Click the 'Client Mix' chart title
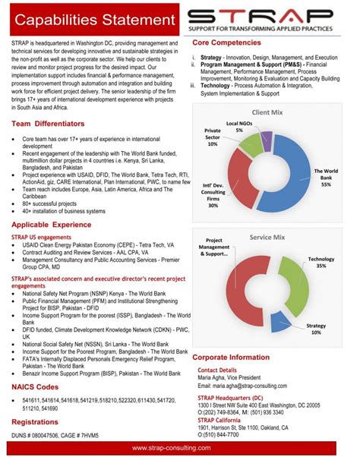coord(267,112)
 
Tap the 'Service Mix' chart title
coord(267,238)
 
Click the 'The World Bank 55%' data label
coord(326,178)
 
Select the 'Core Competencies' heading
coord(232,43)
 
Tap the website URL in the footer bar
coord(180,448)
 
